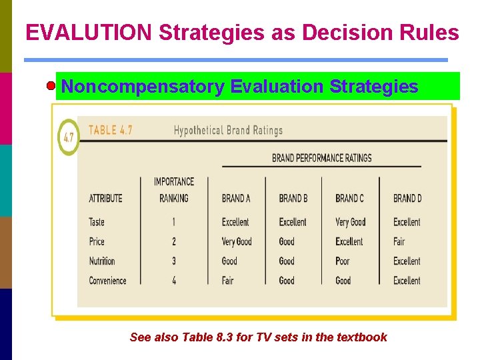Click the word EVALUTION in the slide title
pos(88,33)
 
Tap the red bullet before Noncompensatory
pos(51,87)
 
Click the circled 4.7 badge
pos(68,138)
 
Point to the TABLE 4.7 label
pos(110,130)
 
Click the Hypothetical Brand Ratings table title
pos(228,131)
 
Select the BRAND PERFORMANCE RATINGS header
pos(321,158)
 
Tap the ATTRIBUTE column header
pos(105,198)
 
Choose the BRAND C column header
pos(349,198)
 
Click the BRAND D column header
pos(407,198)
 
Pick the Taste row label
pos(97,222)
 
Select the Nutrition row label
pos(102,261)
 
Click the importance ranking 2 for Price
pos(174,241)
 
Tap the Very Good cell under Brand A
pos(237,241)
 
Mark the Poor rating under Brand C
pos(343,261)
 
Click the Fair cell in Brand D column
pos(399,241)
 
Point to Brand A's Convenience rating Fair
pos(228,281)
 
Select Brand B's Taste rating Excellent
pos(293,222)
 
